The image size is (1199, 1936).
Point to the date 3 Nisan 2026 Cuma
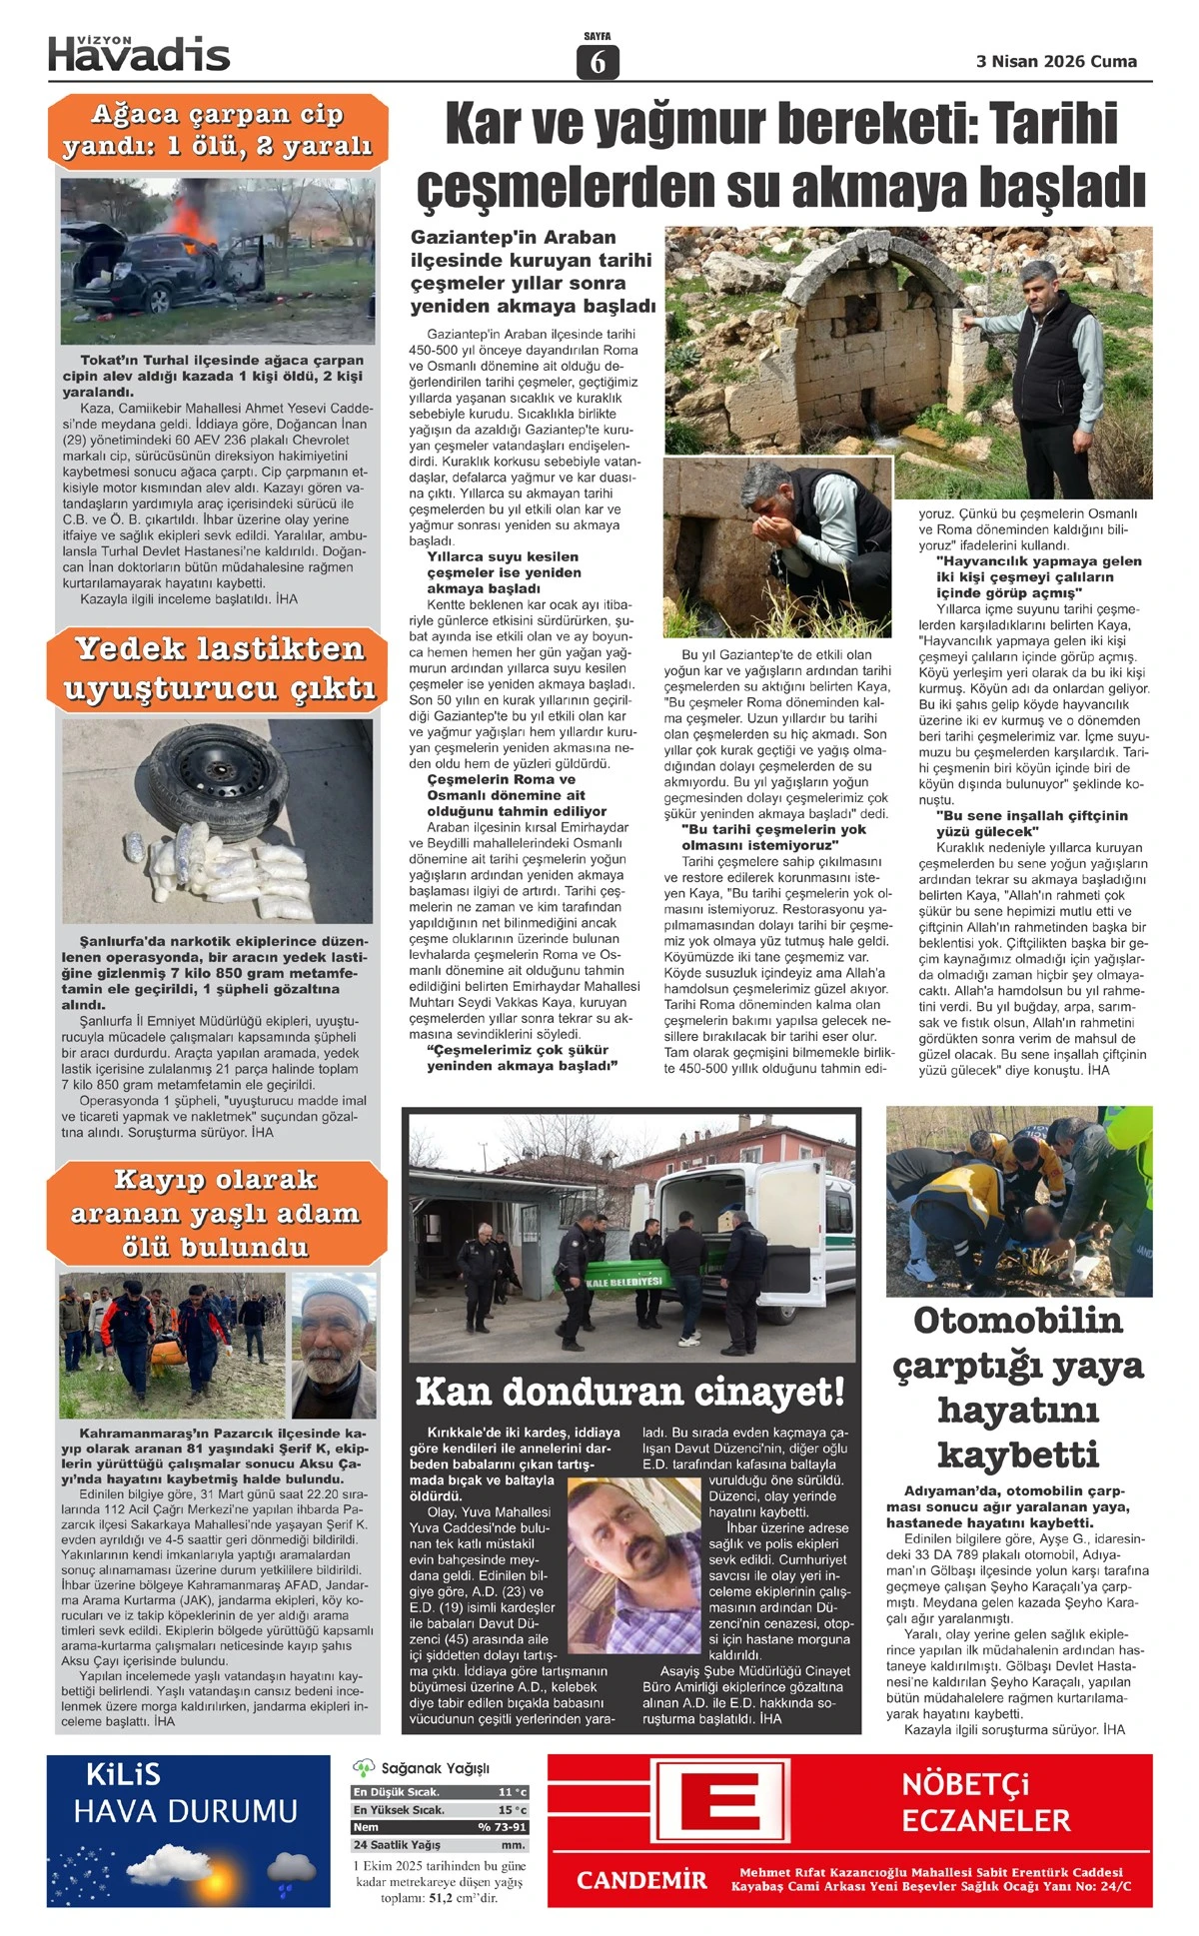click(x=1056, y=61)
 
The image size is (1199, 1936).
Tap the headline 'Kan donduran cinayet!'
click(x=629, y=1391)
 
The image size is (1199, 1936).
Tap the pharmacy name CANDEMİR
click(x=641, y=1880)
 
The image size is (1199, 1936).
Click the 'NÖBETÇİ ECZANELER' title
click(x=985, y=1801)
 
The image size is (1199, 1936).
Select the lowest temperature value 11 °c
click(x=512, y=1792)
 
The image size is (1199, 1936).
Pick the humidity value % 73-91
click(x=502, y=1826)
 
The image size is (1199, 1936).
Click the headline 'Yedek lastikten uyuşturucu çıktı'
click(x=219, y=668)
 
